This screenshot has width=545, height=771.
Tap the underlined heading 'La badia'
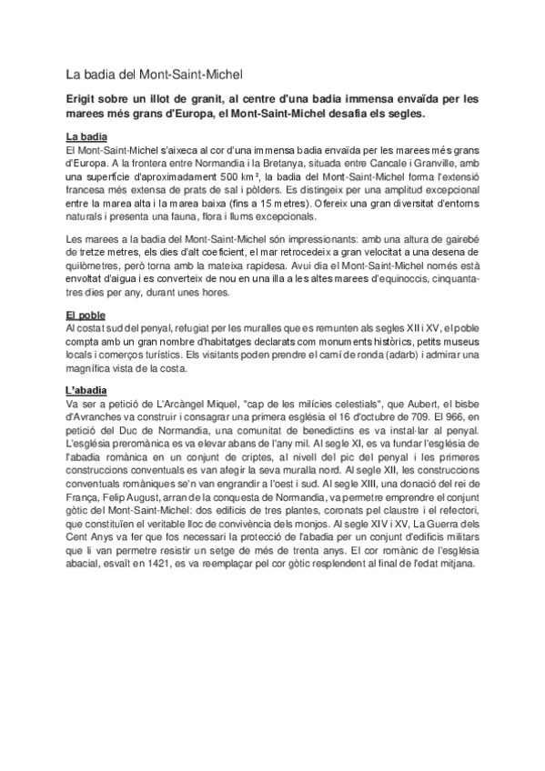click(x=89, y=135)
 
